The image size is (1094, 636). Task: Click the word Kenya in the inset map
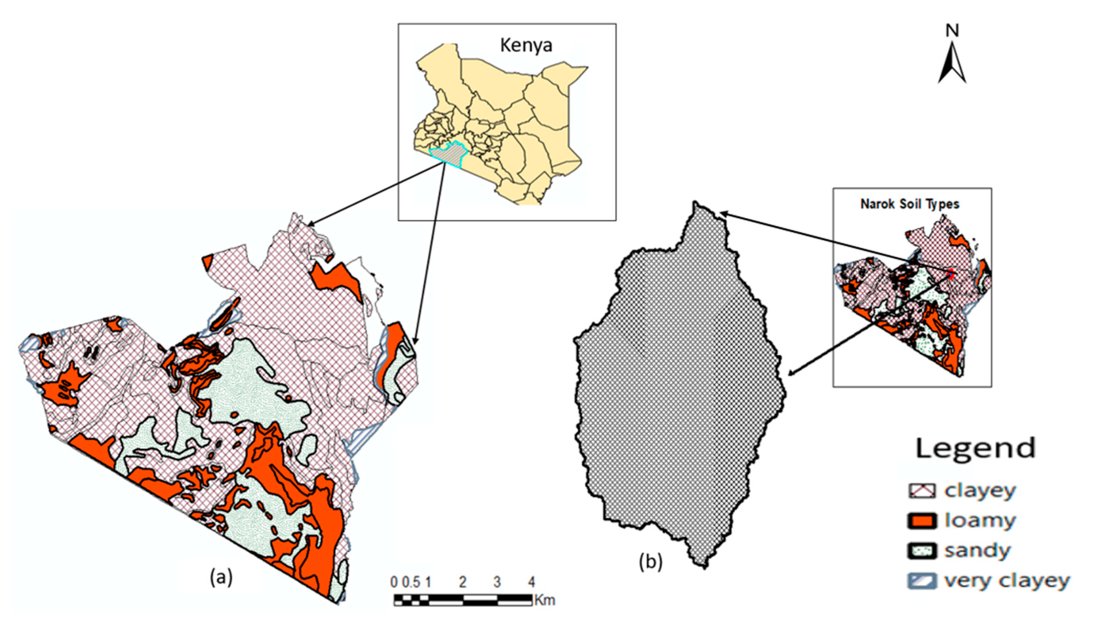(526, 45)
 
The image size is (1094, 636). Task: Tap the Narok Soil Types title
(910, 204)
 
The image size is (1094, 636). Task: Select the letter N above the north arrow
(952, 30)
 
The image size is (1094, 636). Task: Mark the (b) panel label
(650, 562)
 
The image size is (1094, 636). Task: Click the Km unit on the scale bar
(545, 600)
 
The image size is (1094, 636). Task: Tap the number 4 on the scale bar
(531, 582)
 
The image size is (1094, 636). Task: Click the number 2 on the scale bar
(463, 582)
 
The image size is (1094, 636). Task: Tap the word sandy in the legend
(978, 551)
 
